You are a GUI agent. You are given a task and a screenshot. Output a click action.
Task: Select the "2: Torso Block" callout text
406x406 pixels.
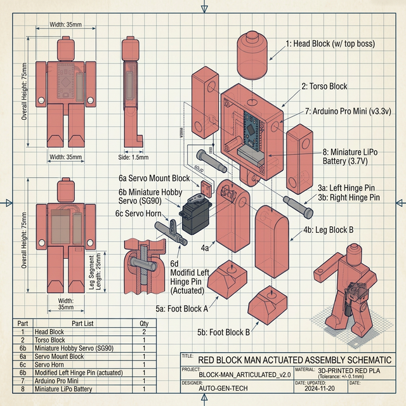click(x=325, y=86)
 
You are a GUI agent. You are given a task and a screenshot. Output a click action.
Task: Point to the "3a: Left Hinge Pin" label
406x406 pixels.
click(x=348, y=188)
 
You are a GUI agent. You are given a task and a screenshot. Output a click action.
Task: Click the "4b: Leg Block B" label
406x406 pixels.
click(x=328, y=229)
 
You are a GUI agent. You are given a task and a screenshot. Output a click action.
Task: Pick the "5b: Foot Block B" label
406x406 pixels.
click(x=223, y=332)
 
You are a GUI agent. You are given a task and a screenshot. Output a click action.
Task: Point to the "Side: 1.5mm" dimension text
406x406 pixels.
click(x=134, y=157)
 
